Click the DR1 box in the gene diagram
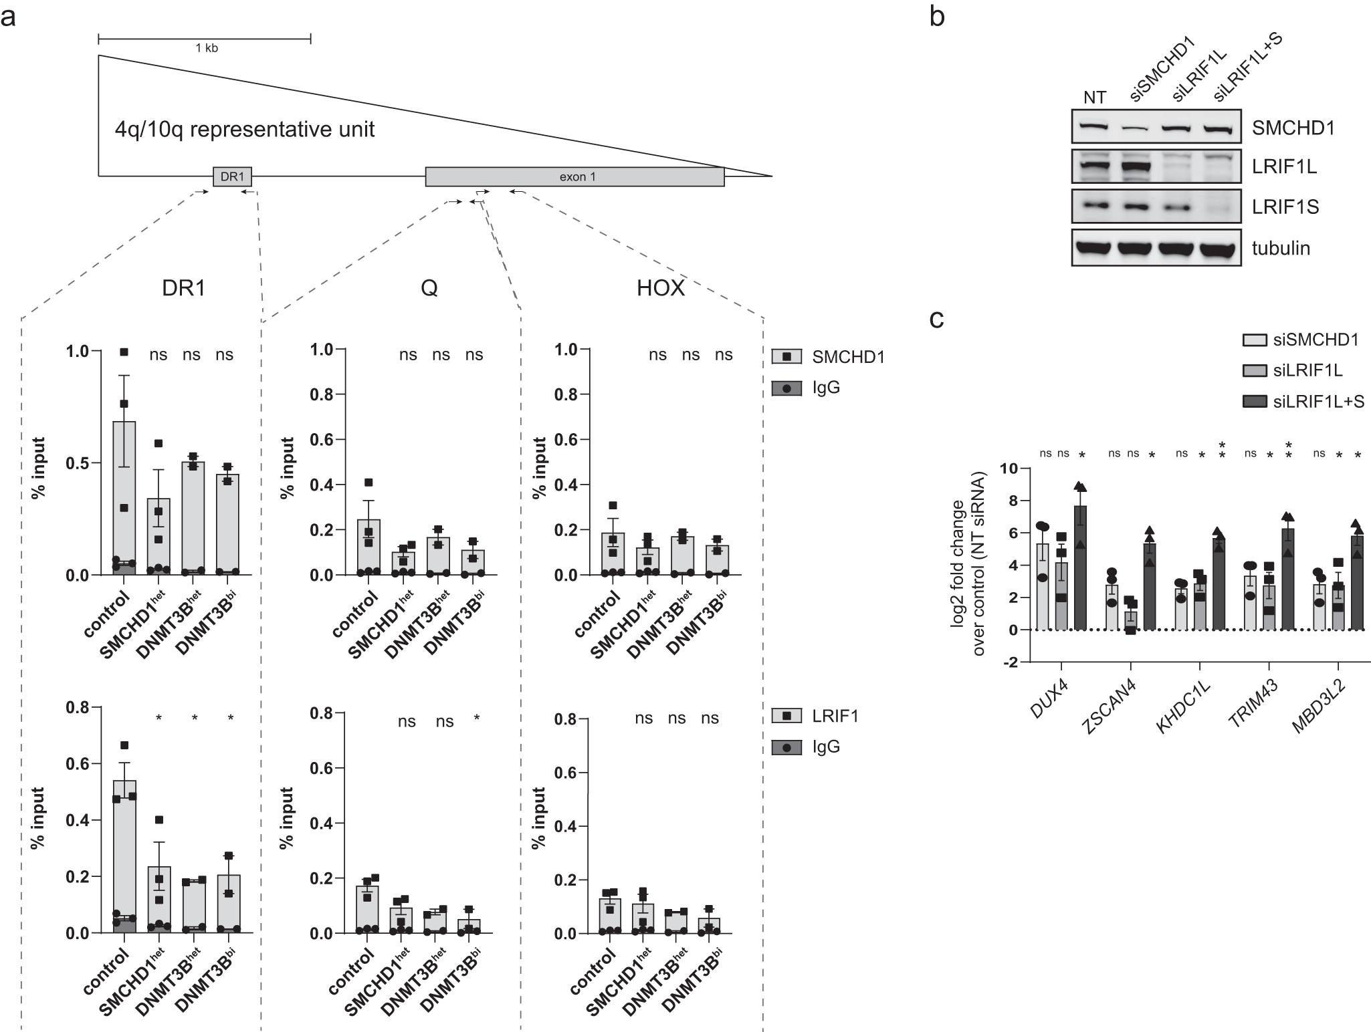tap(232, 177)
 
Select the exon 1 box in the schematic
tap(574, 177)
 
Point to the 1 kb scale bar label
tap(207, 48)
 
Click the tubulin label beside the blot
tap(1280, 249)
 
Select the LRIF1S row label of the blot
tap(1285, 207)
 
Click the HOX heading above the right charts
tap(660, 288)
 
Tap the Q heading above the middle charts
tap(429, 288)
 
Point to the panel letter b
tap(937, 16)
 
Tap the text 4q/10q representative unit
tap(244, 129)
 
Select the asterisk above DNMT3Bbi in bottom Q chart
tap(476, 719)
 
